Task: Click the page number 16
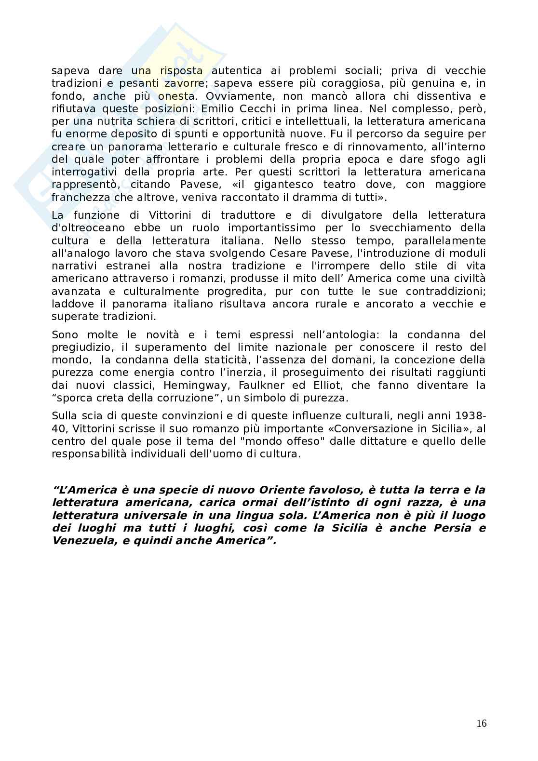point(481,724)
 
